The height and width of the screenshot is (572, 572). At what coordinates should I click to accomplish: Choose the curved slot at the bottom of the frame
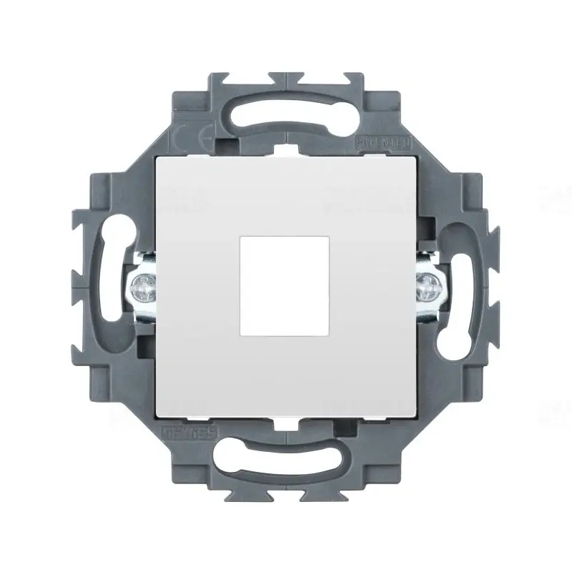click(286, 465)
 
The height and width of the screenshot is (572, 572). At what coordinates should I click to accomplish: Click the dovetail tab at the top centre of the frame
click(286, 77)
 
